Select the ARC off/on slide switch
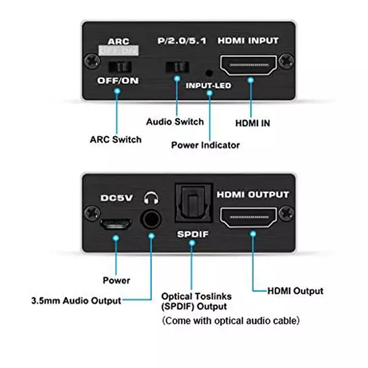click(117, 65)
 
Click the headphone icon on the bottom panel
click(151, 198)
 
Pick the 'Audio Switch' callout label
click(175, 121)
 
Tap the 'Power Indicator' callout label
click(205, 145)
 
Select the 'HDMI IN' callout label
click(253, 123)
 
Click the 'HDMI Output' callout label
click(296, 291)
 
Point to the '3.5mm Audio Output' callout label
click(76, 301)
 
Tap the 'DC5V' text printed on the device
click(116, 199)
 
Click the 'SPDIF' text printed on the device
click(192, 235)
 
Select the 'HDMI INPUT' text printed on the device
click(249, 41)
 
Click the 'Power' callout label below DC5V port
click(116, 280)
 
